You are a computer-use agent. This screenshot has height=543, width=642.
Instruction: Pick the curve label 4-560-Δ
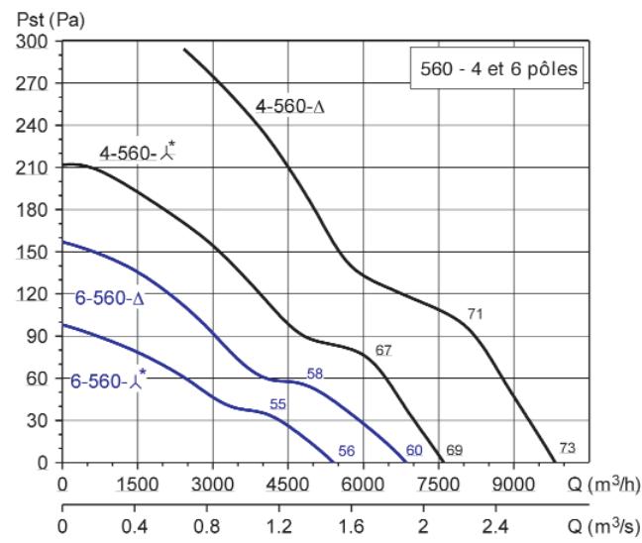coord(289,109)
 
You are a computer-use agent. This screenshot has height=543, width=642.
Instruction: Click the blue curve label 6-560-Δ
coord(109,296)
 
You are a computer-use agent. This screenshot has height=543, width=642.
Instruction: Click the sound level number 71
coord(475,314)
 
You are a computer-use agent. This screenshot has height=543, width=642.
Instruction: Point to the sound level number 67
coord(384,351)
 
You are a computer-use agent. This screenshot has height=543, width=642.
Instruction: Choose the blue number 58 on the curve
coord(316,374)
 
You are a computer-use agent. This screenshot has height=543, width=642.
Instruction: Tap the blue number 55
coord(278,403)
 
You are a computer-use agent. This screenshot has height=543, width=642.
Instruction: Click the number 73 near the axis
coord(567,448)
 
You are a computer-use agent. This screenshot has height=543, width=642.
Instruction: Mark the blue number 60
coord(414,451)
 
